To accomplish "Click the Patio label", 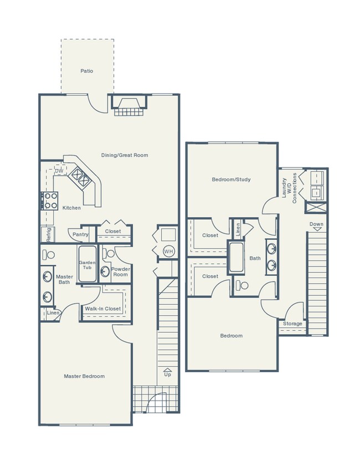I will coord(86,71).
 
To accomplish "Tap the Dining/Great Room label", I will coord(125,155).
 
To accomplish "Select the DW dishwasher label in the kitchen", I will coord(59,171).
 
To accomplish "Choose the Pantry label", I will coord(80,234).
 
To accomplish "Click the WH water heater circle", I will coord(168,252).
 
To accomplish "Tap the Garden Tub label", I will coord(87,265).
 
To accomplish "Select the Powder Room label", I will coord(120,272).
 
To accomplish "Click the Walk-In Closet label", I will coord(102,309).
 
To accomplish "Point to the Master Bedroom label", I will coord(84,376).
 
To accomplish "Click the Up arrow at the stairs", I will coord(167,372).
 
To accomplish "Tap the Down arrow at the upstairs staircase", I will coord(316,226).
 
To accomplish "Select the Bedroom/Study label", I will coord(232,180).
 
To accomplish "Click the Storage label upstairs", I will coord(292,324).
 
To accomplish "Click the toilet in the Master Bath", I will coord(49,255).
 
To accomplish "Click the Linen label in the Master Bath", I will coord(53,313).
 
